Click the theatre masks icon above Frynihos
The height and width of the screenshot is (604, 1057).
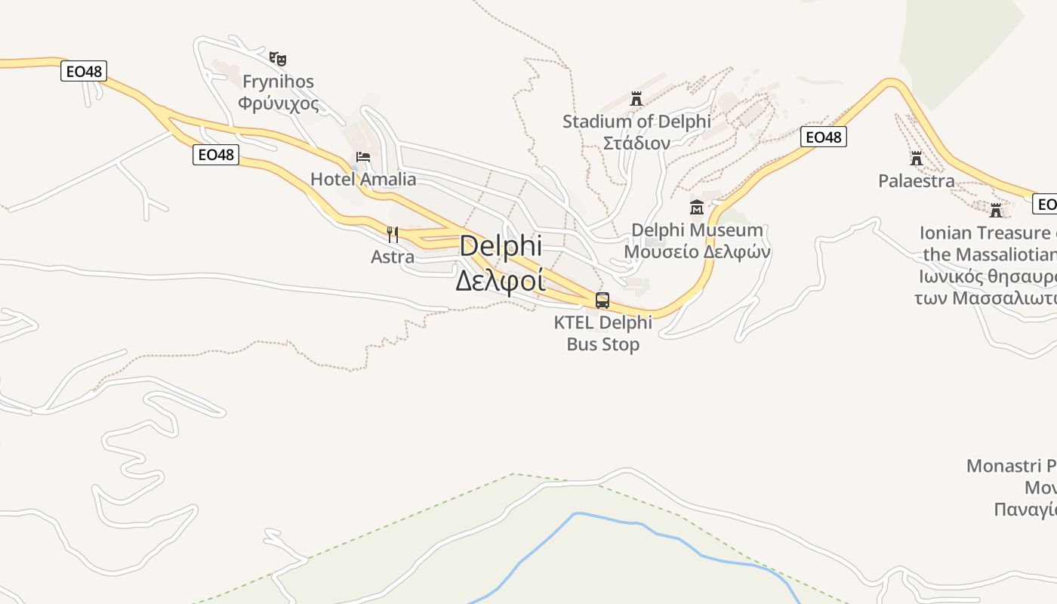coord(278,58)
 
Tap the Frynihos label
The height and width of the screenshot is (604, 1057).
coord(278,82)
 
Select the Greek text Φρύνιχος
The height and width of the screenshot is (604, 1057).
coord(278,103)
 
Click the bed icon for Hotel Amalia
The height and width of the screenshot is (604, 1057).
coord(363,158)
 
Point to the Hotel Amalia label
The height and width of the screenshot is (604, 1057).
coord(363,179)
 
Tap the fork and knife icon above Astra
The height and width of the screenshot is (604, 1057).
coord(393,234)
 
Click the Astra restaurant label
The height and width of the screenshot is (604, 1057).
coord(393,257)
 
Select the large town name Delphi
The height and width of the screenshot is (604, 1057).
coord(500,246)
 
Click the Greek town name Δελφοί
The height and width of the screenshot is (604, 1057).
coord(500,279)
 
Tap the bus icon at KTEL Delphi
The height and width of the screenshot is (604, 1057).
coord(602,300)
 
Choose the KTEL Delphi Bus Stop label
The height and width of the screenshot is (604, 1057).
coord(602,333)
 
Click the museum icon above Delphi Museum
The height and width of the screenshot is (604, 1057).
coord(697,207)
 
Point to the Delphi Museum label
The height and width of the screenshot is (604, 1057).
coord(697,230)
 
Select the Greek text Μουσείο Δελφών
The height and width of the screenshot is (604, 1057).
coord(697,251)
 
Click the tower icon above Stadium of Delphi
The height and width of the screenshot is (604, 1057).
coord(636,98)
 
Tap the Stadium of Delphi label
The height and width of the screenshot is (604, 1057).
coord(636,121)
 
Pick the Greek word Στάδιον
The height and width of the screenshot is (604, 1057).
coord(636,143)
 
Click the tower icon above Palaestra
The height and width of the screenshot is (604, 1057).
coord(917,159)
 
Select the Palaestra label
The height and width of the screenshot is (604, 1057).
coord(917,181)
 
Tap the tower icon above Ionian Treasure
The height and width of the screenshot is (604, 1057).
coord(996,210)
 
